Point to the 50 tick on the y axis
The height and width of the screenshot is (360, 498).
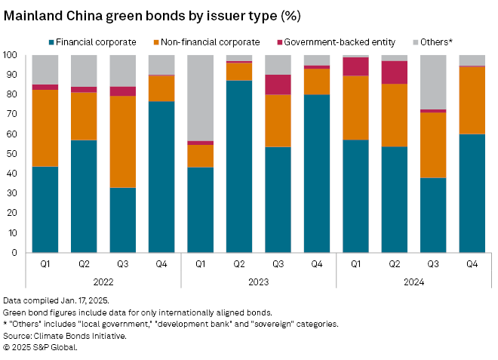click(x=12, y=154)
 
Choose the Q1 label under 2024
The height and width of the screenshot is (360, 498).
click(x=355, y=265)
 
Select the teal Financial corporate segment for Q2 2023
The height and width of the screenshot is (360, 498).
click(x=239, y=166)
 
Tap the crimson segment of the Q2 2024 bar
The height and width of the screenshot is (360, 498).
click(x=394, y=72)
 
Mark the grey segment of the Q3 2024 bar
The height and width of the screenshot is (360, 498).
click(x=433, y=82)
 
